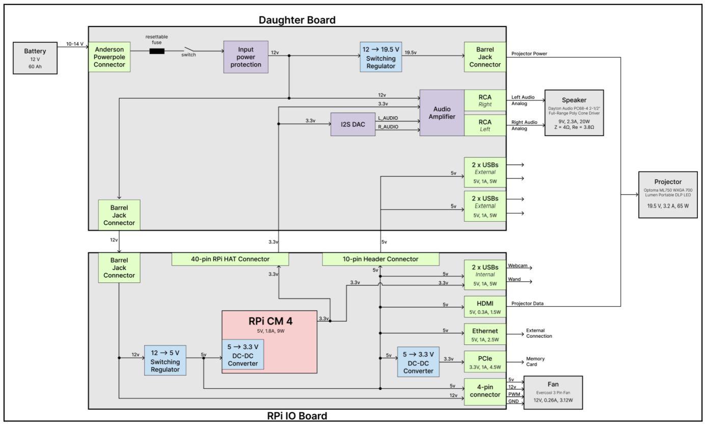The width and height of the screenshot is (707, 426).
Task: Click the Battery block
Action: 35,58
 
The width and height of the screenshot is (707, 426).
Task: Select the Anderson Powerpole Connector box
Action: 109,57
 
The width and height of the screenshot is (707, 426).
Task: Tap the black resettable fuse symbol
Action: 157,51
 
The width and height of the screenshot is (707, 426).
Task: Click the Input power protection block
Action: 246,57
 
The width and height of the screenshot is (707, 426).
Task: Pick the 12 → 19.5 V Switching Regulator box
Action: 380,57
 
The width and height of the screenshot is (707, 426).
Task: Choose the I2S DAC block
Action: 353,124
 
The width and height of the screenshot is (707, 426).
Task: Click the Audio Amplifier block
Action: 442,113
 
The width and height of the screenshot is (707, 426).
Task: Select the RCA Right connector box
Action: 485,100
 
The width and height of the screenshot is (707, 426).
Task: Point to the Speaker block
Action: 574,113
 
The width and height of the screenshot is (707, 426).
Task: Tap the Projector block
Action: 668,195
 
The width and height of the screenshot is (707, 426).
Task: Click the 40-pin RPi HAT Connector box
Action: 230,259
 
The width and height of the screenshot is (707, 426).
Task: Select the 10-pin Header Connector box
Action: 380,259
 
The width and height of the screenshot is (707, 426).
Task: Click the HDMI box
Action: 485,307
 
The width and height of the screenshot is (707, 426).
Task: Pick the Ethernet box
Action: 485,334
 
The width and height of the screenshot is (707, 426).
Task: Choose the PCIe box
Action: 485,362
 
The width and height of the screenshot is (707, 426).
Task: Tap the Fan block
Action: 553,392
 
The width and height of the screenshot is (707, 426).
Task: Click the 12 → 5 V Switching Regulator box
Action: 165,360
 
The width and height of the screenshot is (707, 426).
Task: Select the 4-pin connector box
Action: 485,392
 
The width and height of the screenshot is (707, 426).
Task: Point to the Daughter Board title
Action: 297,20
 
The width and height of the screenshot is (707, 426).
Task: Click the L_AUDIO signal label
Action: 388,118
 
